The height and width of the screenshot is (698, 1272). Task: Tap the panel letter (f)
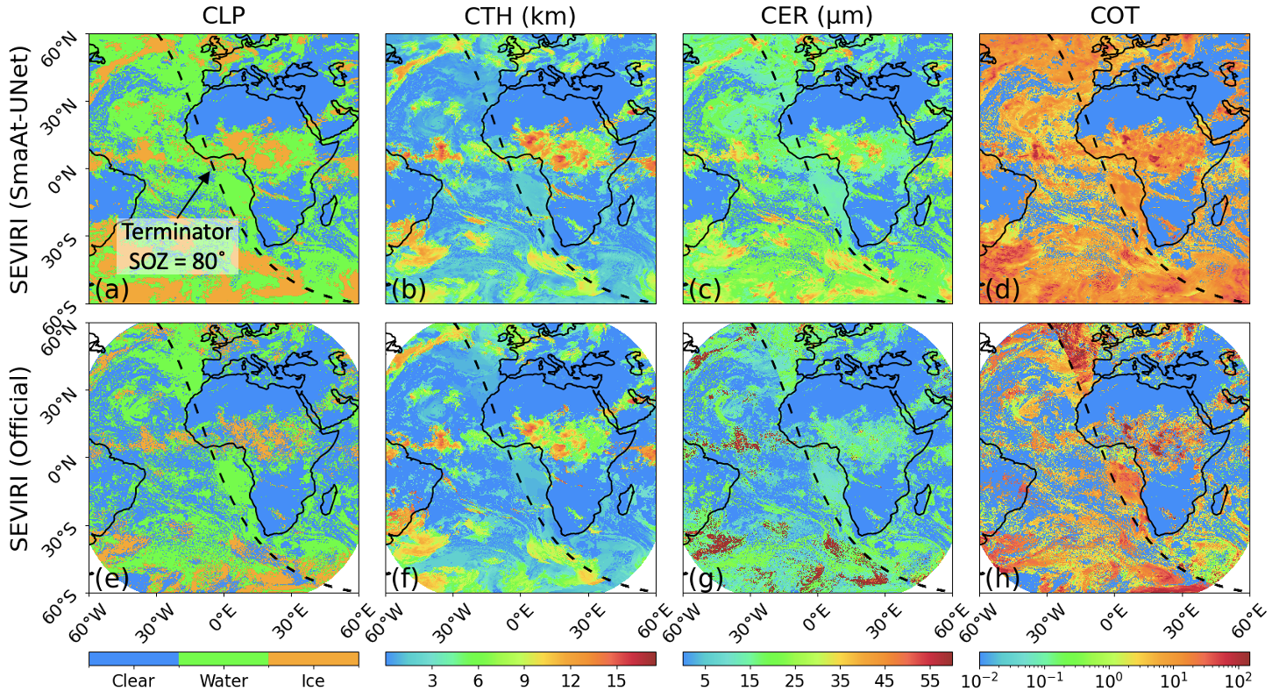pyautogui.click(x=409, y=580)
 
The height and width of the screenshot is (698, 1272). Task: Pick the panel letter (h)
pyautogui.click(x=1001, y=580)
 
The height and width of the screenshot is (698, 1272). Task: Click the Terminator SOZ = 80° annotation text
pyautogui.click(x=177, y=246)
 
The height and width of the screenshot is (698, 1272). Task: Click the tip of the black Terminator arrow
pyautogui.click(x=210, y=172)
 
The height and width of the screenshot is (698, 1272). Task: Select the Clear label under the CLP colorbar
pyautogui.click(x=134, y=680)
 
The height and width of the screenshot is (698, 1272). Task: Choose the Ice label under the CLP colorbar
pyautogui.click(x=313, y=680)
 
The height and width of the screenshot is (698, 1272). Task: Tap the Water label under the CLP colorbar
pyautogui.click(x=224, y=680)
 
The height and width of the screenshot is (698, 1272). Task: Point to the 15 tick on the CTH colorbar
pyautogui.click(x=615, y=680)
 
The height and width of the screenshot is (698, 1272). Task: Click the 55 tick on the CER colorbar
pyautogui.click(x=931, y=680)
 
